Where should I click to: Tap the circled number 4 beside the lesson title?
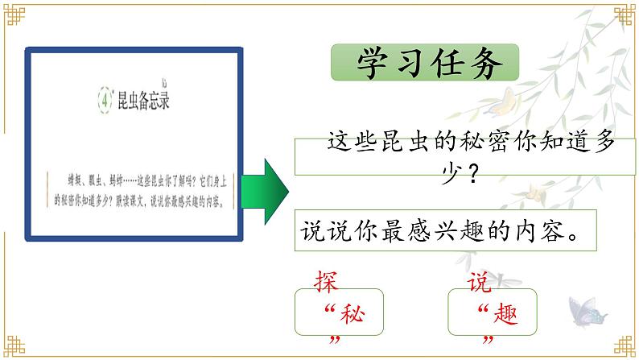click(104, 101)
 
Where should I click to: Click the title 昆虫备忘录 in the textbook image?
click(144, 101)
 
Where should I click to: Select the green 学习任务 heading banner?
click(425, 64)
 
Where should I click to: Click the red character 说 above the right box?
click(479, 283)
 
